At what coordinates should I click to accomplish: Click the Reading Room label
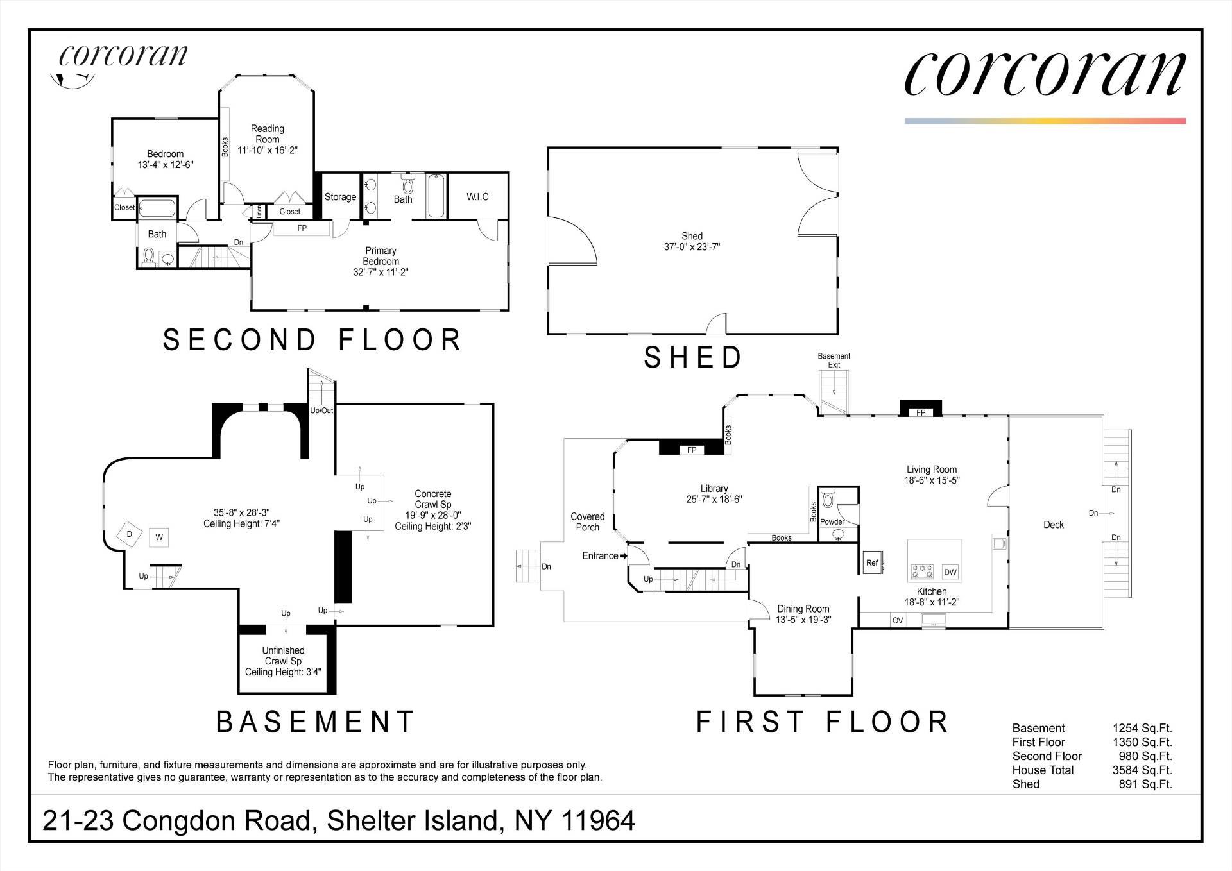(267, 133)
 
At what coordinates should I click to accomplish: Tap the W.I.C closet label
(477, 197)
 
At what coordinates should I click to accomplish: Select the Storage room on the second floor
(340, 197)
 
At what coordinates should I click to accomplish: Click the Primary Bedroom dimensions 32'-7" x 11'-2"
(381, 272)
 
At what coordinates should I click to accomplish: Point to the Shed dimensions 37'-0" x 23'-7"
(692, 247)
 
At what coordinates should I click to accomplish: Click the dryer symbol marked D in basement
(130, 534)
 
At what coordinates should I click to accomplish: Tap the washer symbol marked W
(159, 537)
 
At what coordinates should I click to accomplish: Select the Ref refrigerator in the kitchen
(872, 563)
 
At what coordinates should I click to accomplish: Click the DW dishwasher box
(950, 572)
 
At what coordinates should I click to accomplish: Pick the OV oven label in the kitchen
(898, 620)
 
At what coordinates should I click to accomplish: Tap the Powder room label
(832, 521)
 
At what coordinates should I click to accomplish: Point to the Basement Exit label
(834, 360)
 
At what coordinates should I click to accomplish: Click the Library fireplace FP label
(692, 450)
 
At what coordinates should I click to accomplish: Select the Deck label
(1054, 525)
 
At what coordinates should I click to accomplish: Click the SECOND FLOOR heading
(312, 340)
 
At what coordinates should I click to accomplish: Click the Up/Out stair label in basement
(321, 410)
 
